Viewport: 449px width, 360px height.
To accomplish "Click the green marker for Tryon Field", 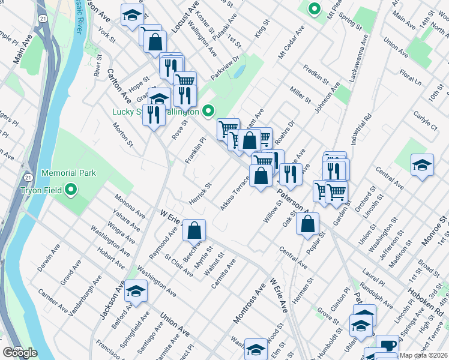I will (71, 191).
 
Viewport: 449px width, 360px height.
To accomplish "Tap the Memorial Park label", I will (69, 173).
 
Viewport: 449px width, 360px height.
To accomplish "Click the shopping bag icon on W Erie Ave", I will (194, 230).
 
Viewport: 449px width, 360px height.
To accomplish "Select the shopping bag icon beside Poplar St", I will (307, 224).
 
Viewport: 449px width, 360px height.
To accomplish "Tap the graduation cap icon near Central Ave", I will (422, 165).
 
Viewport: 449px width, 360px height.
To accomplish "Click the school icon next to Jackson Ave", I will (136, 291).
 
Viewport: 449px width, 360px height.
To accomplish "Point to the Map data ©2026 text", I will (423, 355).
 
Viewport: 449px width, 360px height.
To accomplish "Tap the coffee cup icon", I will (388, 345).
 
